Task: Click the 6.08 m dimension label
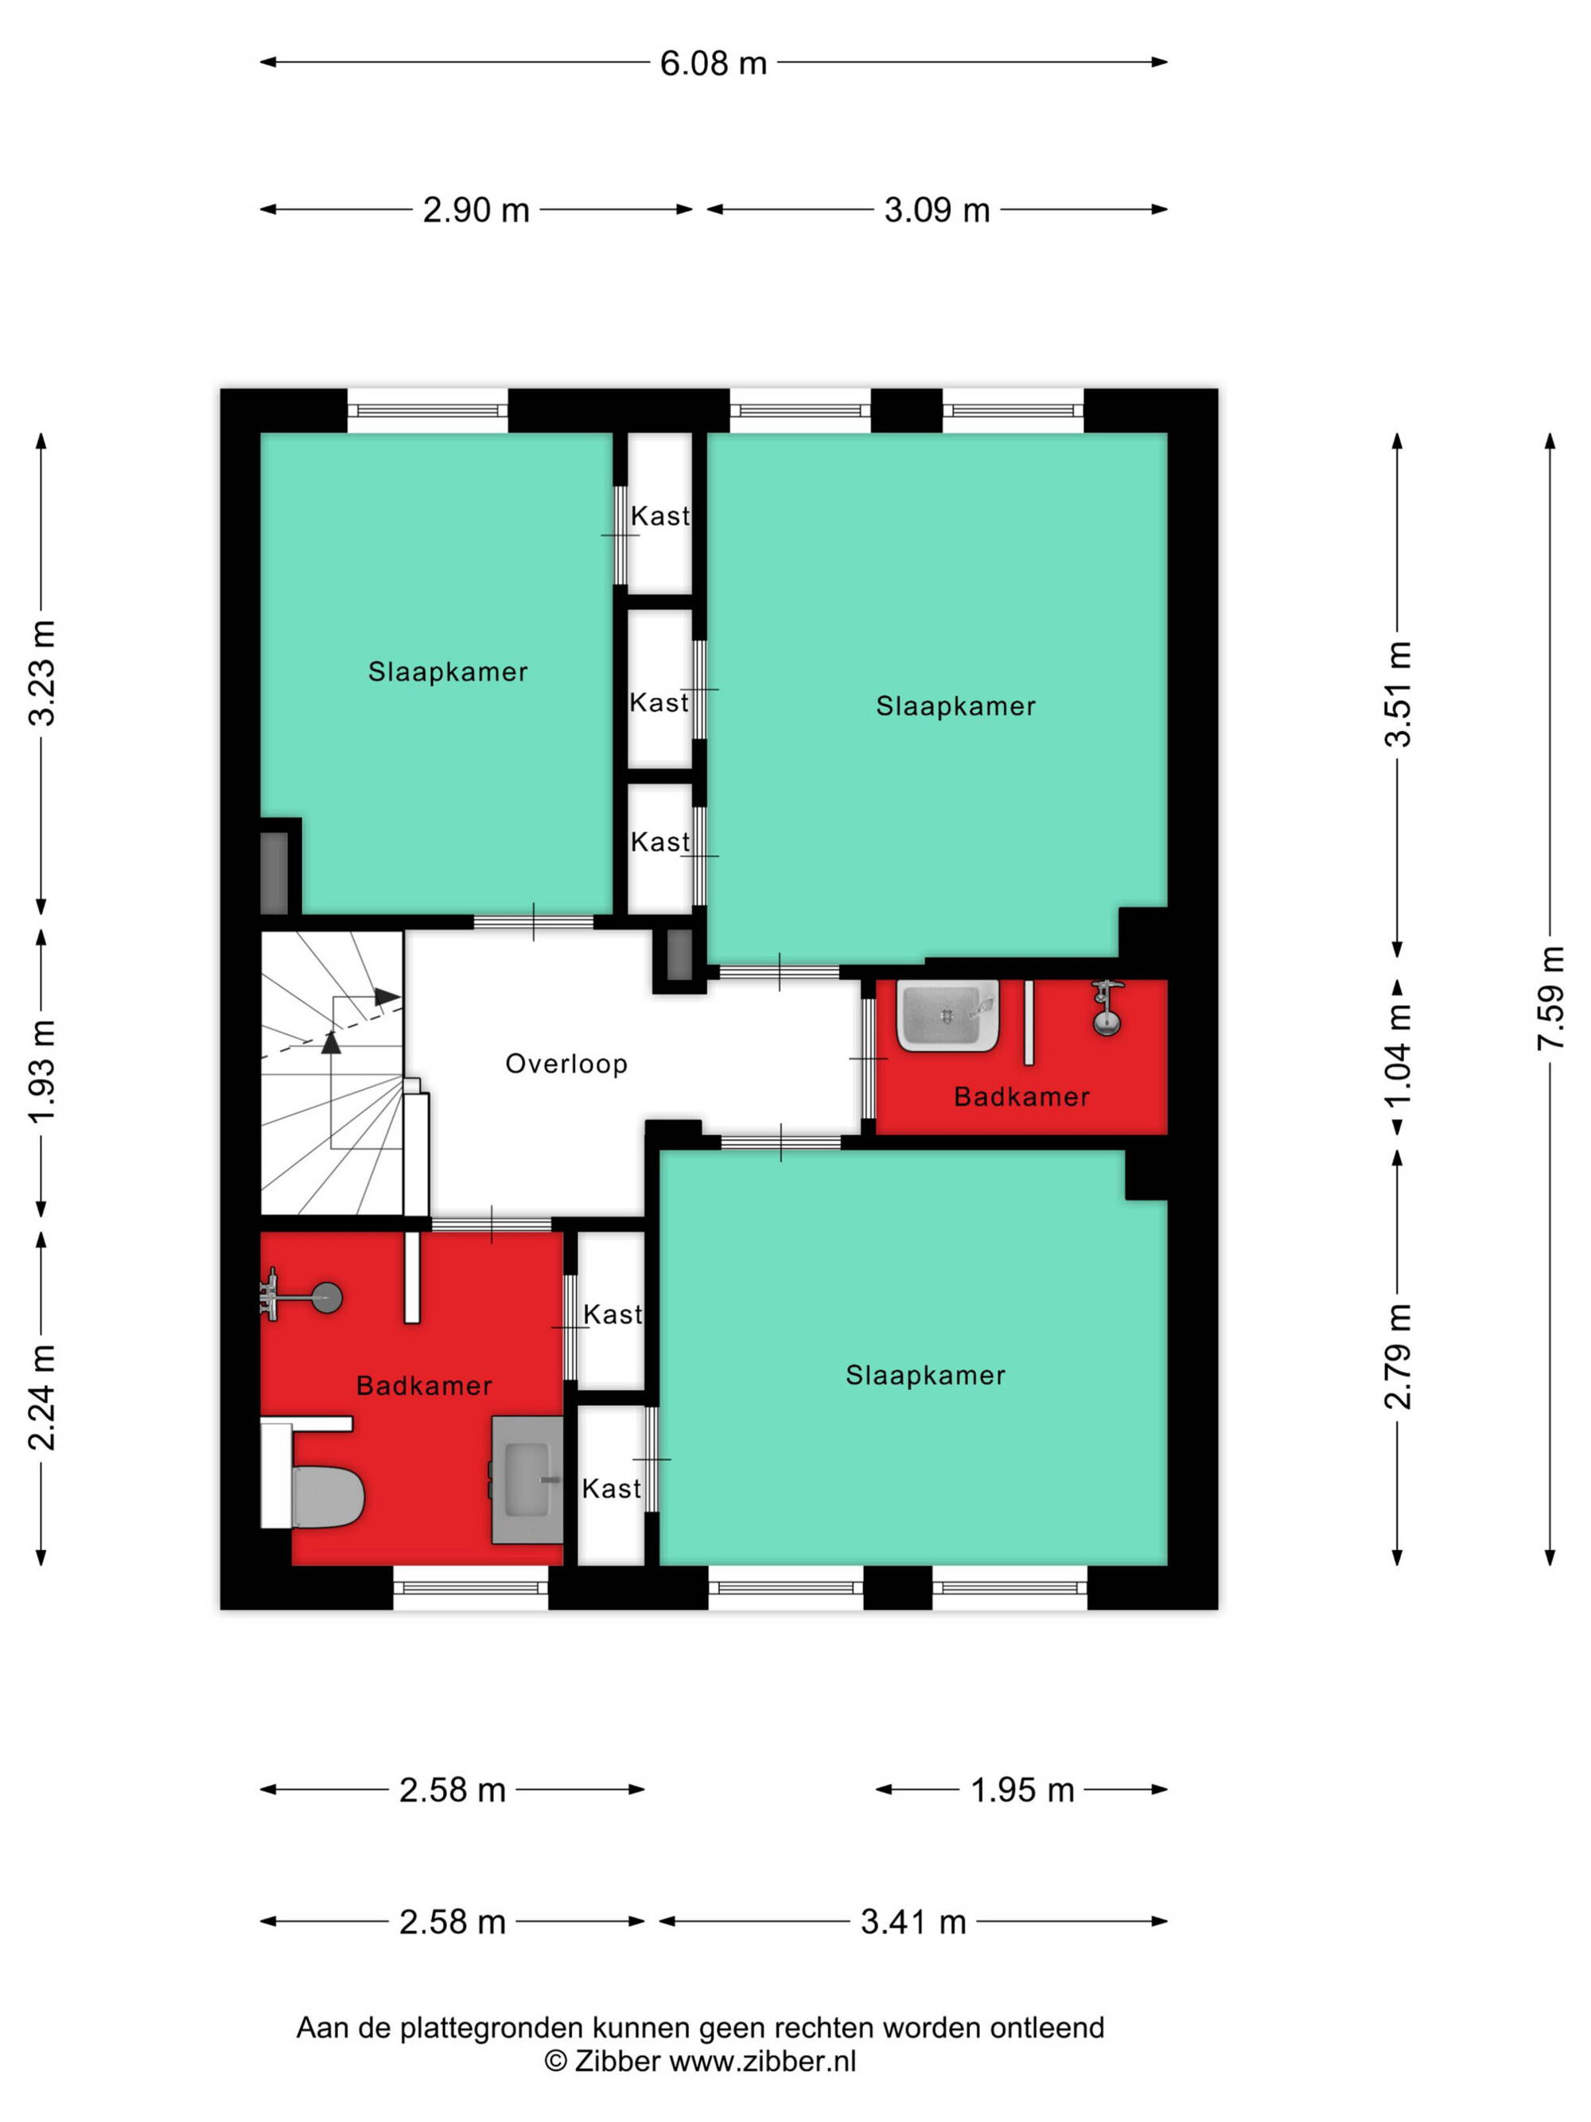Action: (713, 64)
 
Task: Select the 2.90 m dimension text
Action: (476, 210)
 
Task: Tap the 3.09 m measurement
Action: (936, 210)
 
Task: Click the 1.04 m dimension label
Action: (1399, 1054)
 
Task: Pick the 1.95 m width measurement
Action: (1022, 1790)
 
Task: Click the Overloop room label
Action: (566, 1064)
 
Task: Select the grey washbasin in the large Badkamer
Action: (527, 1479)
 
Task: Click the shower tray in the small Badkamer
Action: (947, 1014)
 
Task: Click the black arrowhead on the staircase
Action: (387, 996)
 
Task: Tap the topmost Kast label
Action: (659, 516)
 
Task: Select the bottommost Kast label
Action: (611, 1489)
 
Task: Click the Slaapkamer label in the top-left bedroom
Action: (448, 672)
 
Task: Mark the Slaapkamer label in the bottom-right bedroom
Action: (925, 1376)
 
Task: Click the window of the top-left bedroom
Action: (426, 411)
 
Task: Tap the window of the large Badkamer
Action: (470, 1589)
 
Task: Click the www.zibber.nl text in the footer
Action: (762, 2062)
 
